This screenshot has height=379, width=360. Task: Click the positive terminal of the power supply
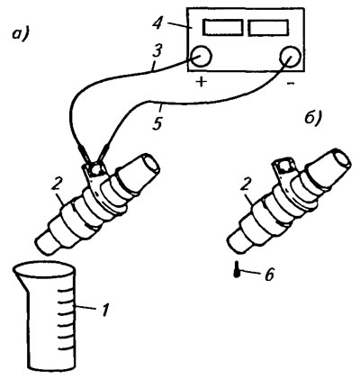201,56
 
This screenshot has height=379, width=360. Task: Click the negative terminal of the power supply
290,56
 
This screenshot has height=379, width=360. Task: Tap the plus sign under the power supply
202,81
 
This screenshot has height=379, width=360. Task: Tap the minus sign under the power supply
291,83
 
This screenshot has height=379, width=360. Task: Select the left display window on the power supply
223,27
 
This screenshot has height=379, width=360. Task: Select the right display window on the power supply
268,27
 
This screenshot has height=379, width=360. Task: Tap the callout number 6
268,274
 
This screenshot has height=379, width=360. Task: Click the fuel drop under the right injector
237,270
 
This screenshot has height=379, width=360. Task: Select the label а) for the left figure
20,32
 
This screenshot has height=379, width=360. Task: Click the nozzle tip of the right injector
236,241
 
